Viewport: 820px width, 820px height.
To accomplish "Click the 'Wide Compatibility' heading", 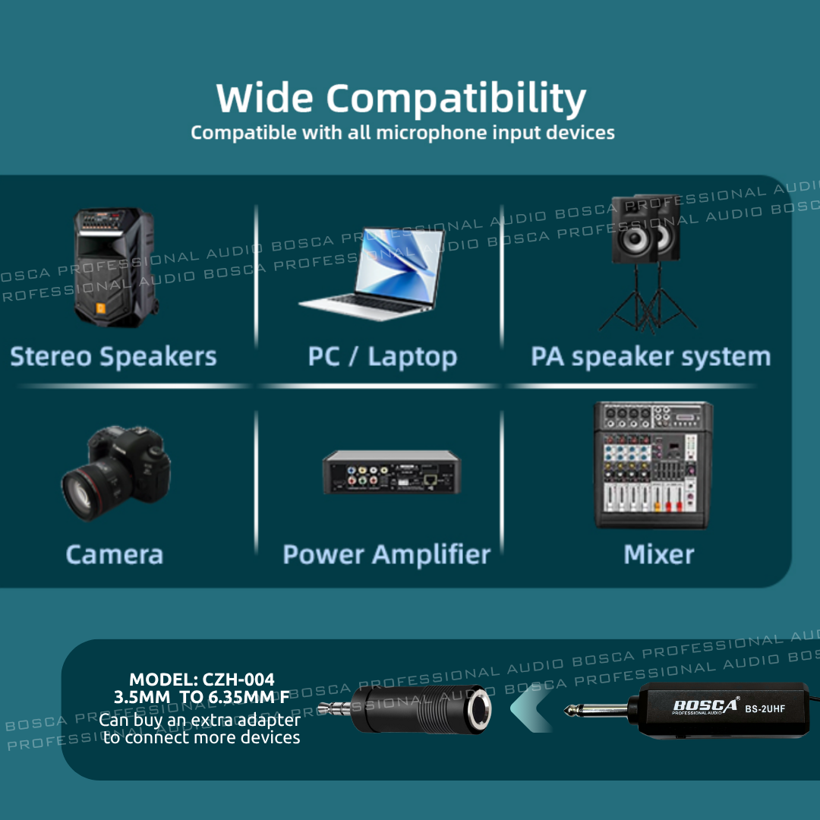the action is coord(401,98).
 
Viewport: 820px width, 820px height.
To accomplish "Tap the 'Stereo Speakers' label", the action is coord(113,357).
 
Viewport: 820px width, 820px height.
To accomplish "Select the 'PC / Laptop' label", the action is coord(382,357).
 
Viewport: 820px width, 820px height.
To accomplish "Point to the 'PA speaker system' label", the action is coord(651,357).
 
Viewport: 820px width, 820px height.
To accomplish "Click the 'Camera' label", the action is coord(115,554).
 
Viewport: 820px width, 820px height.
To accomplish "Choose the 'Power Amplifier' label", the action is coord(386,554).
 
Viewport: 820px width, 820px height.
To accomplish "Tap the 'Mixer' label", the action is coord(659,554).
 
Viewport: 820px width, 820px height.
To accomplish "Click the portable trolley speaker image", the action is coord(115,267).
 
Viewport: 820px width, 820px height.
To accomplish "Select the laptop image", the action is coord(372,274).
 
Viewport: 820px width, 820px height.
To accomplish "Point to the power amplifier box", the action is coord(392,472).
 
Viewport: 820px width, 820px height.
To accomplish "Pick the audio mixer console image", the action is coord(653,465).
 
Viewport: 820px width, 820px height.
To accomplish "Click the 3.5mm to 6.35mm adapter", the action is coord(405,709).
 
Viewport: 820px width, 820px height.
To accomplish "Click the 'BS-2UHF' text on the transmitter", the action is coord(765,709).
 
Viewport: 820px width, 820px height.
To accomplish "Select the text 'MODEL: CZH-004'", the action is coord(202,680).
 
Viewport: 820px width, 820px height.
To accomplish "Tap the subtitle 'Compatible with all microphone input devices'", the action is coord(402,133).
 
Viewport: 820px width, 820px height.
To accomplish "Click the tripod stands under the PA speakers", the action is coord(648,297).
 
